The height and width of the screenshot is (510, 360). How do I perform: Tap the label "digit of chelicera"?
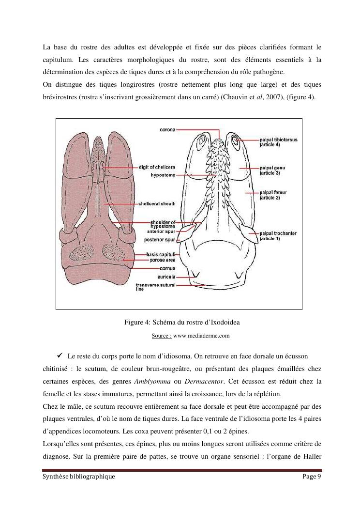[x=157, y=167]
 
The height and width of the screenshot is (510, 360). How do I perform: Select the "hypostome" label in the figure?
[x=163, y=174]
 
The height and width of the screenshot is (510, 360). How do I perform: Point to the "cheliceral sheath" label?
[x=157, y=203]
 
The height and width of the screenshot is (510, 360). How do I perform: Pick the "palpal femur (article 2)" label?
[x=273, y=195]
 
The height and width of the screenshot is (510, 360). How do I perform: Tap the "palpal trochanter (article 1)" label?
[x=278, y=236]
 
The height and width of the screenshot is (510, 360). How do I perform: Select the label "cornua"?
[x=167, y=268]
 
